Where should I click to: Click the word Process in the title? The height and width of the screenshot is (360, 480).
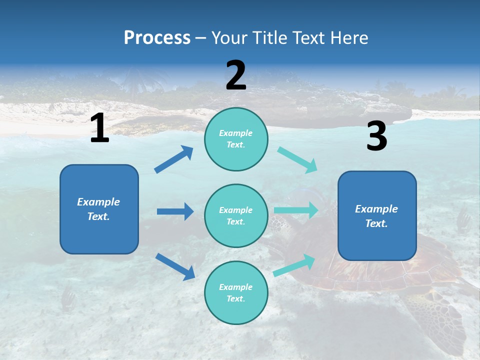(157, 38)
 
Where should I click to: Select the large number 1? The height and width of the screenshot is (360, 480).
(99, 128)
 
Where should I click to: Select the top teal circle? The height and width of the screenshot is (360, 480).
(236, 139)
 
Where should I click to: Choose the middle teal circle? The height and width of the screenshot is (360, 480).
(236, 215)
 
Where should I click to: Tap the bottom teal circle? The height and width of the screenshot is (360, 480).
(236, 292)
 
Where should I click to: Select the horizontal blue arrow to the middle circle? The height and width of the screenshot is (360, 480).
(175, 211)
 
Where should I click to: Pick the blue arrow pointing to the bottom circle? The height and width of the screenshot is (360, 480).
(175, 266)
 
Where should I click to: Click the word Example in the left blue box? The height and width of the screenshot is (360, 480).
(98, 202)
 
